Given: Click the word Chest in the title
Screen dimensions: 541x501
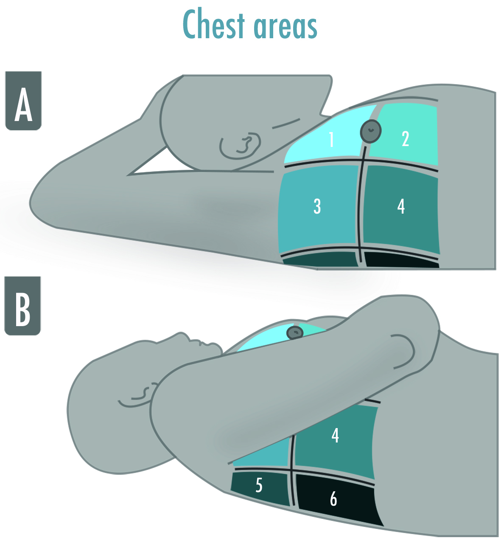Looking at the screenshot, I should pos(214,25).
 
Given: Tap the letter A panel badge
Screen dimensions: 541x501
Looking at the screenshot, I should pos(23,101).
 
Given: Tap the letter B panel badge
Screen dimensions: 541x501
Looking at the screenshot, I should pos(22,306).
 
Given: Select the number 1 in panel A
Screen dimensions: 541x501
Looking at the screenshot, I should pos(331,139).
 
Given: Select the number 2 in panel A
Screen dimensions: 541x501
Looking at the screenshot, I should pos(406,139).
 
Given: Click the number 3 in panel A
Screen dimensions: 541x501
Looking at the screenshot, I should pos(317,206).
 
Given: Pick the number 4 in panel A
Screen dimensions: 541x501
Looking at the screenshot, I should pos(401,206).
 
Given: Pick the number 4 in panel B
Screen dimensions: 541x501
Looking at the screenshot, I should pos(335,435).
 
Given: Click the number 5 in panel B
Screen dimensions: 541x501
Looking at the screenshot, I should pos(259,485).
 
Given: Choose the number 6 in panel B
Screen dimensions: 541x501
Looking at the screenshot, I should pos(333,499).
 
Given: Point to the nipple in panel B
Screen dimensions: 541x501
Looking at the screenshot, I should pos(295,332).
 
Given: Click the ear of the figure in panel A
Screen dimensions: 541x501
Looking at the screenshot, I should pos(240,145).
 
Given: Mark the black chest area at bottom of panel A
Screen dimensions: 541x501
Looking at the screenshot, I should pos(401,260).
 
